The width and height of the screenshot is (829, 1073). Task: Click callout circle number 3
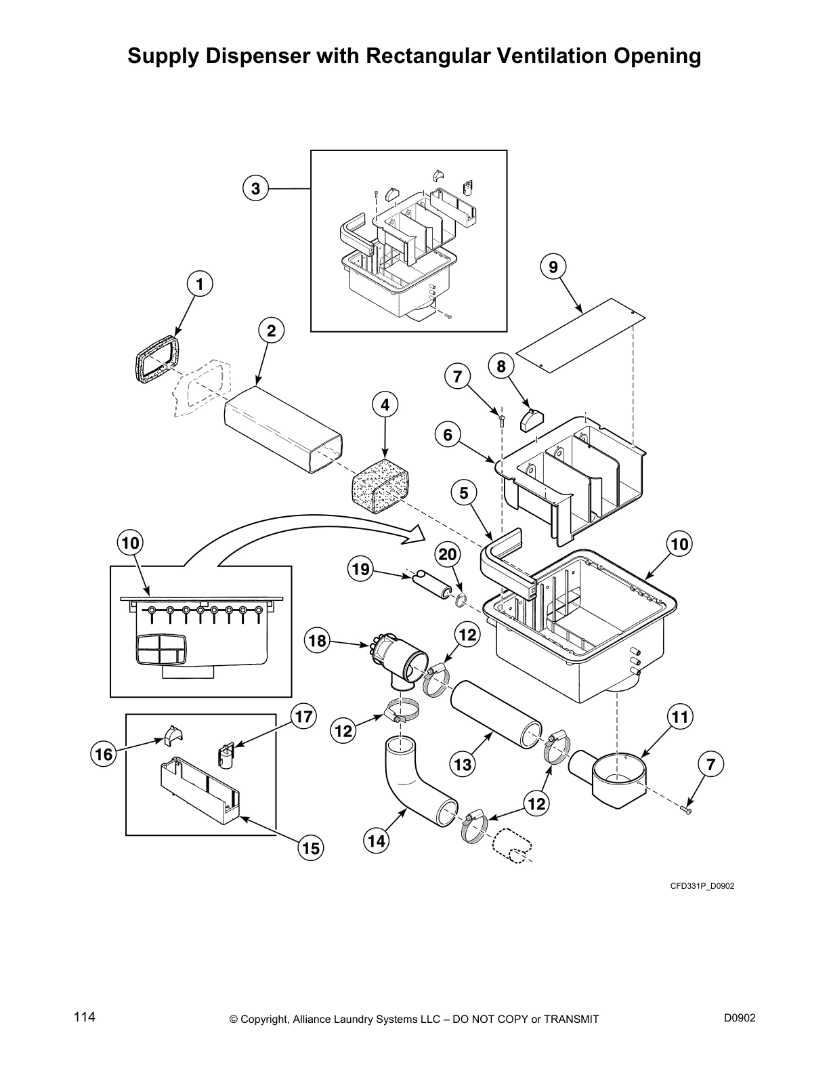coord(255,189)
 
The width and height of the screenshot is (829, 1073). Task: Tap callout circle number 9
coord(553,267)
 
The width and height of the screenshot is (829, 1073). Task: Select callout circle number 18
coord(317,640)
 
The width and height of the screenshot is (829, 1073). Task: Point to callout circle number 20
coord(447,555)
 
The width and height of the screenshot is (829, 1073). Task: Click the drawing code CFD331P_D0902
coord(702,886)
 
